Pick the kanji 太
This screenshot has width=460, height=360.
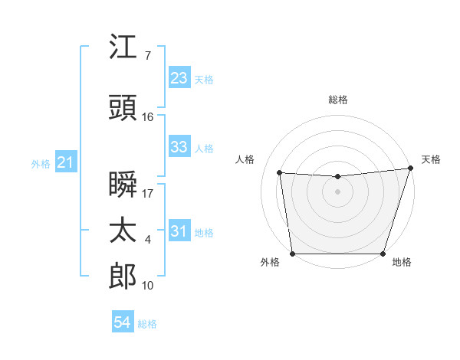(123, 231)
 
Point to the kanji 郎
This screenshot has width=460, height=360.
(123, 277)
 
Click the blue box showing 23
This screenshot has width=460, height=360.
(179, 78)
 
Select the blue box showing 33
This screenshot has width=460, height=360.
(179, 147)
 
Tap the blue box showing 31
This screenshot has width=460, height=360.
(179, 232)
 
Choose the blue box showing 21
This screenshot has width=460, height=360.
(65, 162)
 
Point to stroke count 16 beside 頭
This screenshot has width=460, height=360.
(148, 117)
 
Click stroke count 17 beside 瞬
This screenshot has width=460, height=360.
(148, 194)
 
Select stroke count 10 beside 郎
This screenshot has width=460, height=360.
(148, 286)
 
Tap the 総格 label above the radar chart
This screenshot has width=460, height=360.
(337, 100)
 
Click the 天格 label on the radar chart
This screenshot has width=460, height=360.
(431, 159)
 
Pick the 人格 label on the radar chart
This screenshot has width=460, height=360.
(245, 159)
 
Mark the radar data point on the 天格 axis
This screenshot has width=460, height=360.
(410, 169)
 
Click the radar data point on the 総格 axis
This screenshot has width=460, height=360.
(337, 177)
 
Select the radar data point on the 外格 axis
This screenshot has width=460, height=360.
(292, 254)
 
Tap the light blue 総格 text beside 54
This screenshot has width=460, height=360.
(147, 324)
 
